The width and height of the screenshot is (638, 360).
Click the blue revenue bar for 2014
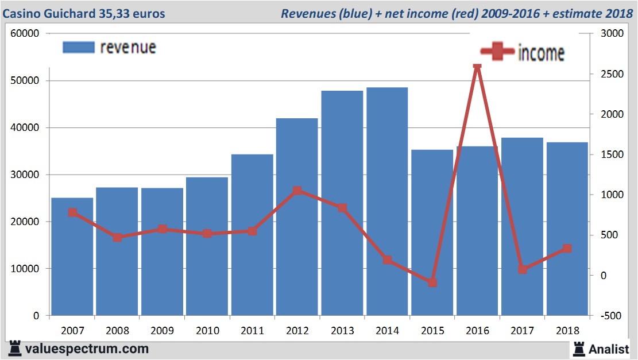pyautogui.click(x=387, y=201)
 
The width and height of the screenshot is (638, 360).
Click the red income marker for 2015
pyautogui.click(x=432, y=282)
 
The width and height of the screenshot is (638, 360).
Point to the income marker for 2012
pyautogui.click(x=297, y=191)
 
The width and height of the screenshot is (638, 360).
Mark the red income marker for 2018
pyautogui.click(x=567, y=249)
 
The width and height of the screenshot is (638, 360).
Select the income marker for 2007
pyautogui.click(x=72, y=212)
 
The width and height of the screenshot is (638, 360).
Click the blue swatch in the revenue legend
pyautogui.click(x=78, y=48)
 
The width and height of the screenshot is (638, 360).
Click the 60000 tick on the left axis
pyautogui.click(x=25, y=33)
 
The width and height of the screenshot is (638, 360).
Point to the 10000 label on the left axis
pyautogui.click(x=25, y=269)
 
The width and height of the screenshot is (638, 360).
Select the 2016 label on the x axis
pyautogui.click(x=478, y=331)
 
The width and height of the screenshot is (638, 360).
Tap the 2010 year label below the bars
pyautogui.click(x=207, y=331)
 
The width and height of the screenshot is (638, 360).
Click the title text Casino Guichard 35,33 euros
pyautogui.click(x=84, y=13)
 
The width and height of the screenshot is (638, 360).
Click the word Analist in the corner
pyautogui.click(x=609, y=349)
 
